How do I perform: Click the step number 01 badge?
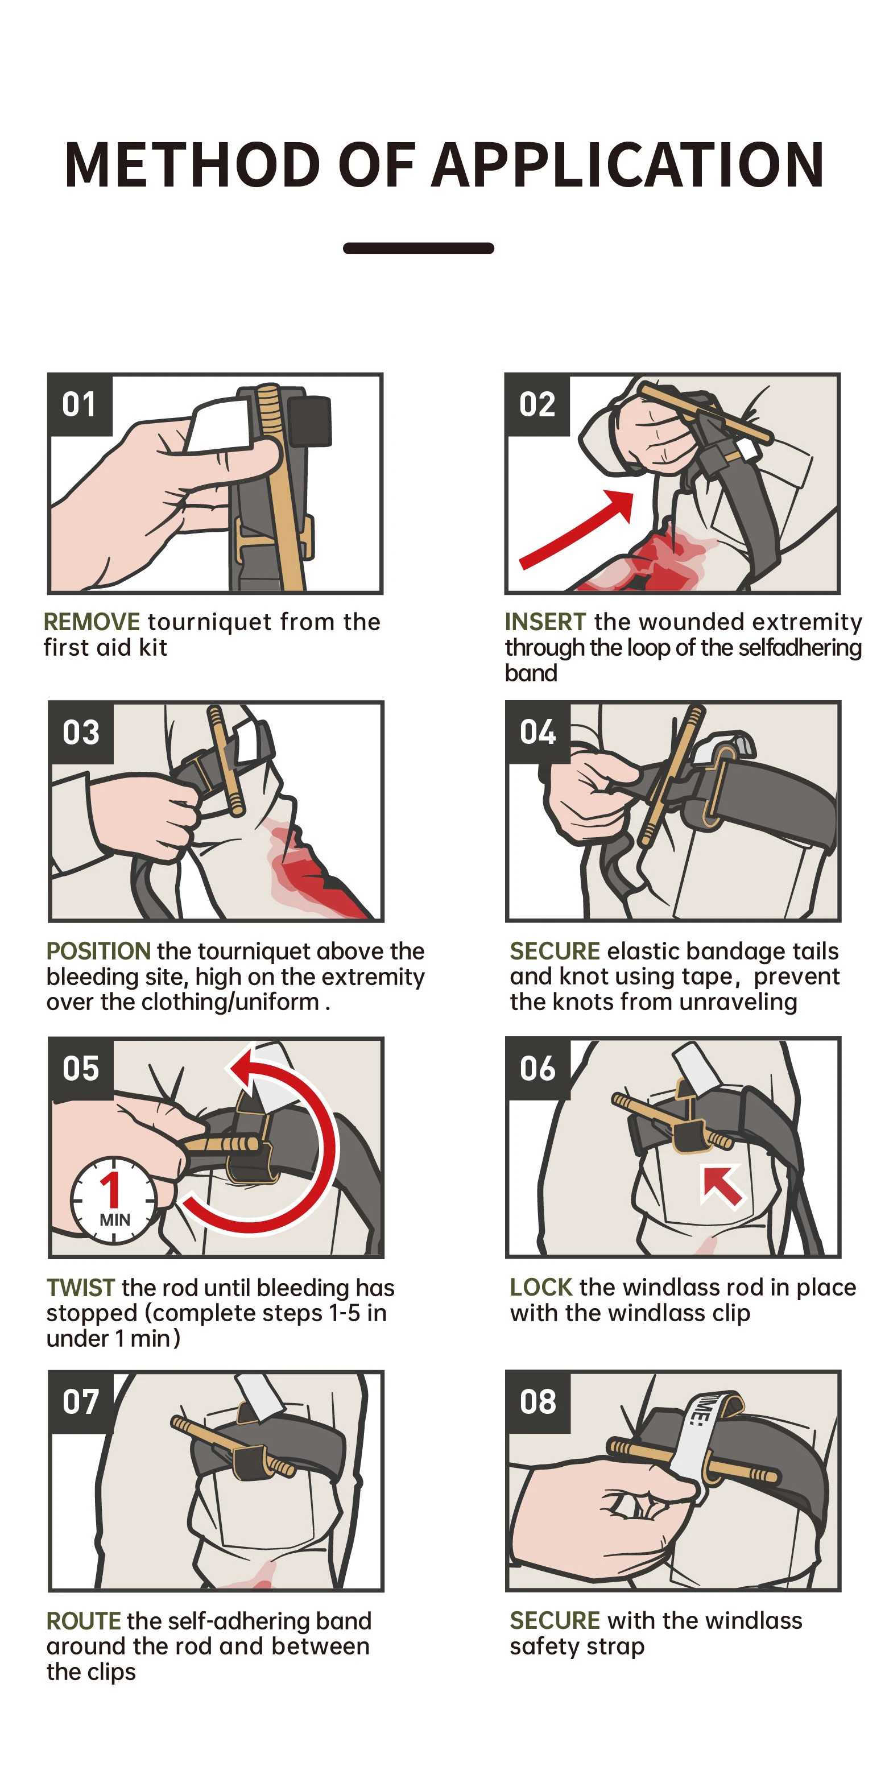click(x=80, y=405)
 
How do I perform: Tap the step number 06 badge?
click(x=538, y=1069)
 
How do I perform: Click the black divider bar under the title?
click(x=418, y=249)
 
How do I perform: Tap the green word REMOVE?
click(x=92, y=622)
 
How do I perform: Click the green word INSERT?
click(x=545, y=622)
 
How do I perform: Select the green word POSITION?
click(x=98, y=951)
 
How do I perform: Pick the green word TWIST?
click(x=80, y=1288)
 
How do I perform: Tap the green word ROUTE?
click(x=84, y=1621)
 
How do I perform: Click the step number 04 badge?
click(x=538, y=733)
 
